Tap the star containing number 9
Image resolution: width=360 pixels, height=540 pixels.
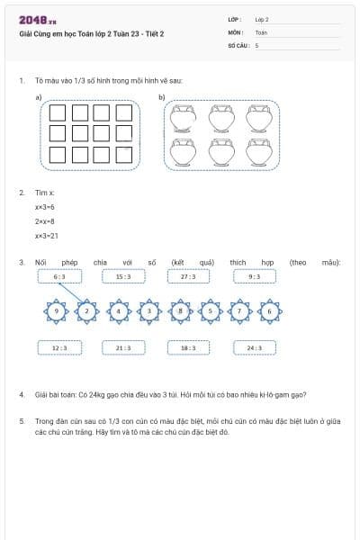57,311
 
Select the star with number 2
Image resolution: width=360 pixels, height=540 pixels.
86,311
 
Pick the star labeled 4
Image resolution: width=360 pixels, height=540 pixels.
120,311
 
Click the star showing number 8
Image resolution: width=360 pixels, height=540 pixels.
181,311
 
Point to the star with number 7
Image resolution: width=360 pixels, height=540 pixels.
240,311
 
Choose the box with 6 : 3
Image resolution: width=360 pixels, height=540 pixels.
59,276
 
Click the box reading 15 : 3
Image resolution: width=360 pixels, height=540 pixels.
123,276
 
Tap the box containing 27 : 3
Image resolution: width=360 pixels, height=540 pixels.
188,276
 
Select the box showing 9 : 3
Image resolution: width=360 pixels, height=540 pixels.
254,276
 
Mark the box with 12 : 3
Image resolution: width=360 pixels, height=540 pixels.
59,347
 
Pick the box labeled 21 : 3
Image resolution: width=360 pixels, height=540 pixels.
123,347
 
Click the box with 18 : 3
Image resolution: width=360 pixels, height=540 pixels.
188,347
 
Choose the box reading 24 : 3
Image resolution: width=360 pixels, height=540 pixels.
254,347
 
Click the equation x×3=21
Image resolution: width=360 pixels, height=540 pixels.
47,236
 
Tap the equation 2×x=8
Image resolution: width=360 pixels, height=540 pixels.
45,221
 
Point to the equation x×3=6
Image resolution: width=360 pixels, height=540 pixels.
45,207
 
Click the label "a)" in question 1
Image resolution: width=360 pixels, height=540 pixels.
39,96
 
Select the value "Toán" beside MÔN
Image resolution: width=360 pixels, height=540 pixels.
261,31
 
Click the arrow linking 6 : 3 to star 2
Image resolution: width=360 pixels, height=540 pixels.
71,294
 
